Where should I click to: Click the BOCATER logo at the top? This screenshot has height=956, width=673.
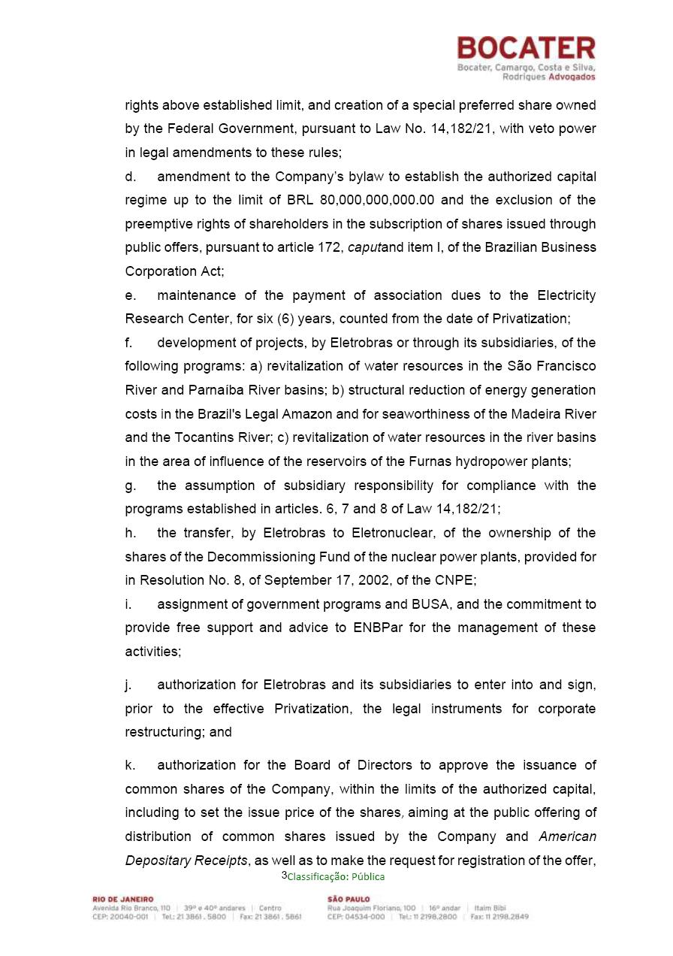pyautogui.click(x=526, y=49)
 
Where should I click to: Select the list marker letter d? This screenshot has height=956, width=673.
pyautogui.click(x=130, y=177)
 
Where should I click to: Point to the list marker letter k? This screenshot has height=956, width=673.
pyautogui.click(x=130, y=765)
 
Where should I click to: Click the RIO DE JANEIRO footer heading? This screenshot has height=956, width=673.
pyautogui.click(x=122, y=900)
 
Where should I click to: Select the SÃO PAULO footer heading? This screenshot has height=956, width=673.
pyautogui.click(x=349, y=900)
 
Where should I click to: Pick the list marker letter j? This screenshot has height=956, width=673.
pyautogui.click(x=128, y=685)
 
